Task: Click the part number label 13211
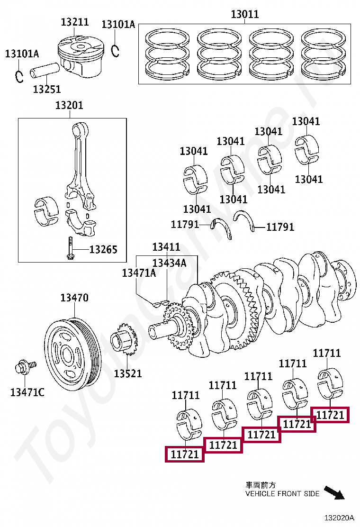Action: [x=75, y=22]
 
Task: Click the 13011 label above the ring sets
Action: [x=245, y=14]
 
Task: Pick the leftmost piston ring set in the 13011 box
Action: [x=168, y=54]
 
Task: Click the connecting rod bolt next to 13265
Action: [x=70, y=249]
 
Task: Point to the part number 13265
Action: [x=103, y=250]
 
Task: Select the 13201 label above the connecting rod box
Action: [x=69, y=105]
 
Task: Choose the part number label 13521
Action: [x=128, y=373]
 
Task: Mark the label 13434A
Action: [x=169, y=263]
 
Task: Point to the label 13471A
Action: [x=139, y=273]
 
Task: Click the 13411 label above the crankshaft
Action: [x=166, y=247]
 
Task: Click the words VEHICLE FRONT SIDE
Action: [x=282, y=493]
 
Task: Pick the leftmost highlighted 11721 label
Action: [x=184, y=454]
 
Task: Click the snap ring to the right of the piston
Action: [x=115, y=49]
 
